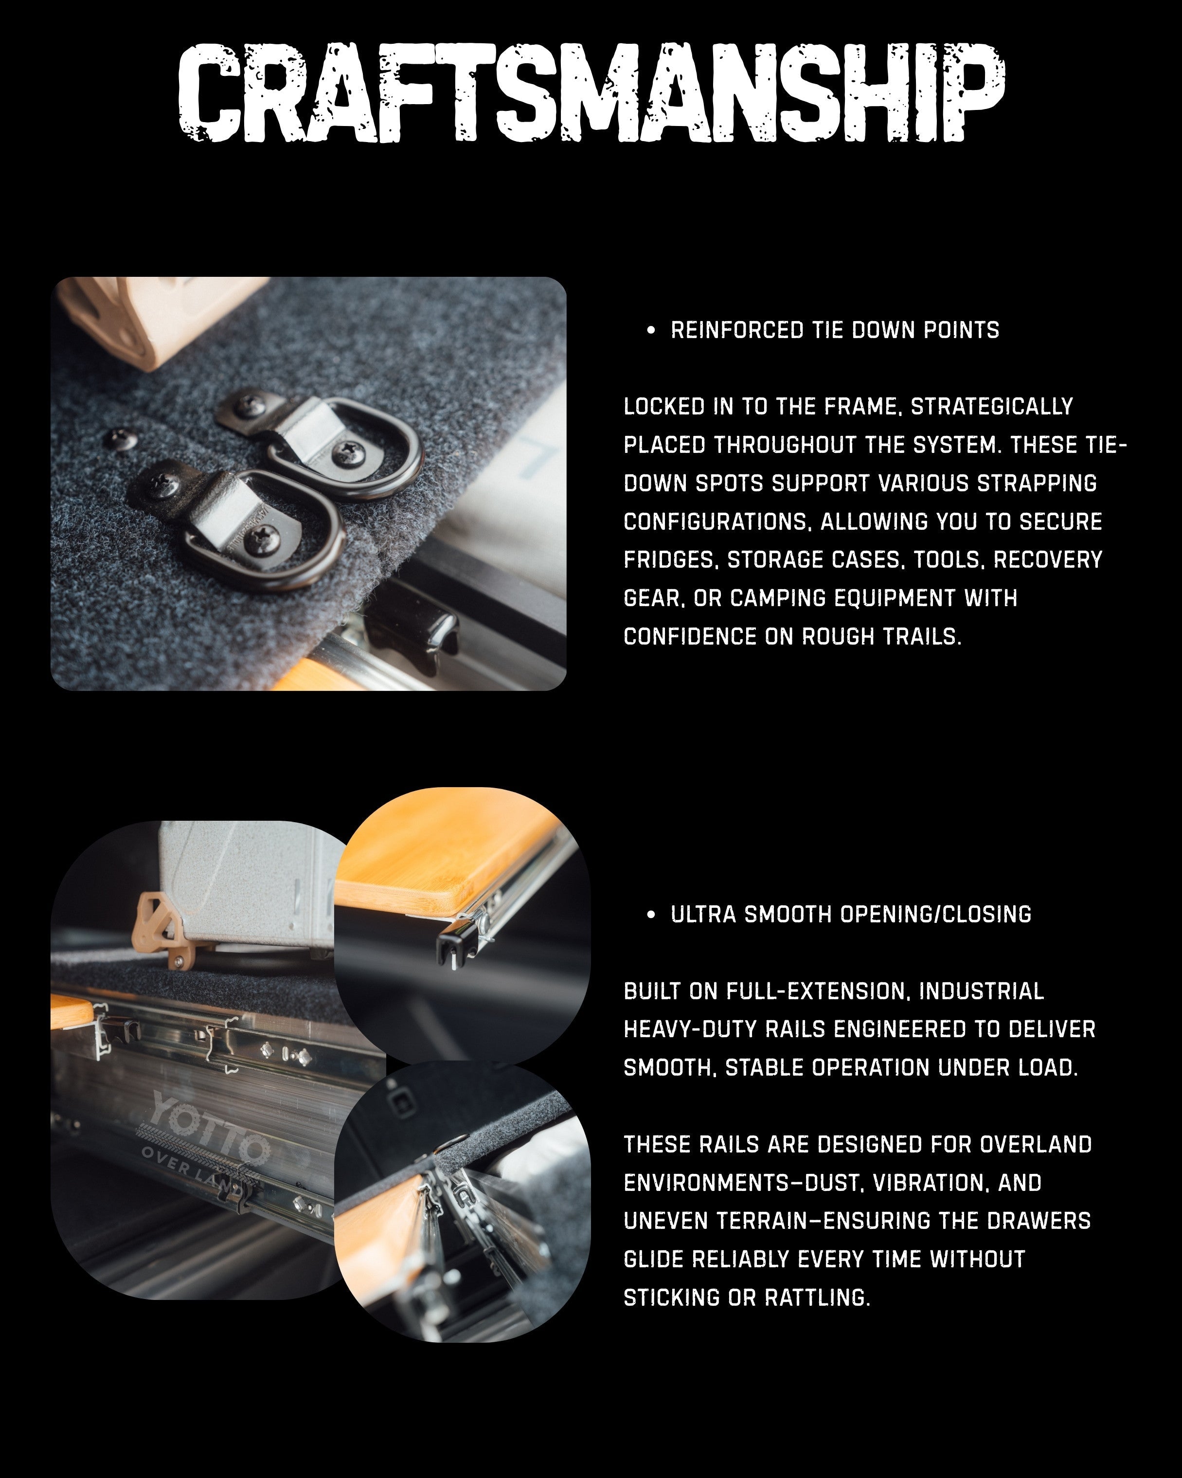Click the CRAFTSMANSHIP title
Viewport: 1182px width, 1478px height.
tap(591, 92)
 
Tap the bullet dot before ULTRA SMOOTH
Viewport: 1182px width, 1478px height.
tap(650, 915)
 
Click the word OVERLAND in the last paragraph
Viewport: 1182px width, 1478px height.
tap(1035, 1145)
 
